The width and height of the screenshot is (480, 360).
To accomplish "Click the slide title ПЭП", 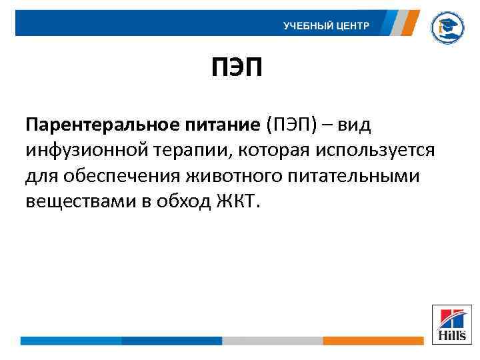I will tap(237, 67).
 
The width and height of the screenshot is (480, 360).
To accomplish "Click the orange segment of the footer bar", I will tap(373, 340).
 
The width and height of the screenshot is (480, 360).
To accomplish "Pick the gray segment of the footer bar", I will tap(272, 340).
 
